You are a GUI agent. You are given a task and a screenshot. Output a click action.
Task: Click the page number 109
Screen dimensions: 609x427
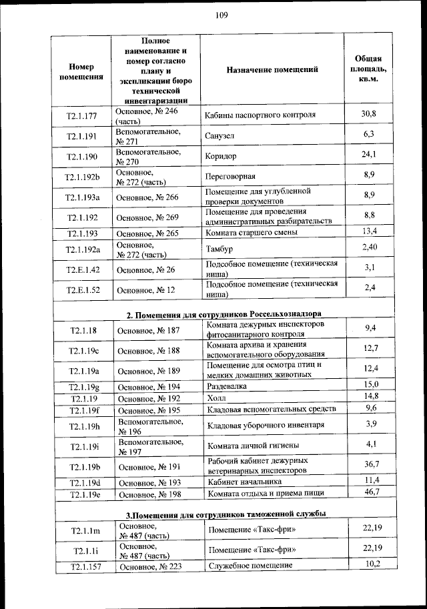[x=222, y=16]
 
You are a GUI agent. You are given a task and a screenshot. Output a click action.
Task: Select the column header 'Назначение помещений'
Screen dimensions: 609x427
[x=272, y=69]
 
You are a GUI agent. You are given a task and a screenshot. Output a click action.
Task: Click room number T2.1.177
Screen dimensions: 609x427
[x=81, y=116]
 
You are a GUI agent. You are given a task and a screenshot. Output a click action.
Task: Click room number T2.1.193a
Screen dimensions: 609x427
[x=82, y=197]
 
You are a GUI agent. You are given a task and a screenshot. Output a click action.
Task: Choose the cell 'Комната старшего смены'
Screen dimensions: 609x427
[x=252, y=233]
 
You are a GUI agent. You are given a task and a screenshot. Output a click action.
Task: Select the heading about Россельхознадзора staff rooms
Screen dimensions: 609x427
[x=224, y=314]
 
